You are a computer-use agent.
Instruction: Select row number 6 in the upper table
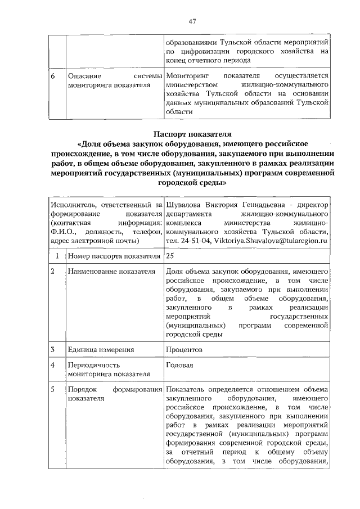pos(52,76)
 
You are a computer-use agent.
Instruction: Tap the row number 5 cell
pos(52,390)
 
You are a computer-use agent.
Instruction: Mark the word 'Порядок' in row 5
pos(82,390)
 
